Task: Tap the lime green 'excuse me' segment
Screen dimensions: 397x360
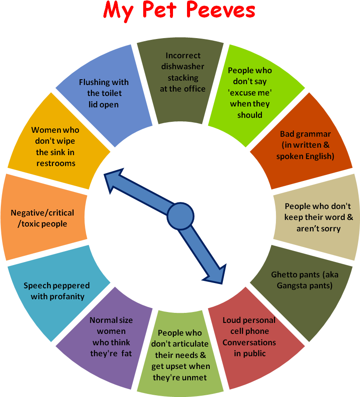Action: pyautogui.click(x=250, y=94)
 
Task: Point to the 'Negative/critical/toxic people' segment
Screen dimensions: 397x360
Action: pyautogui.click(x=42, y=218)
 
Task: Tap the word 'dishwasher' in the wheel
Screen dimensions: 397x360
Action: pyautogui.click(x=183, y=67)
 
